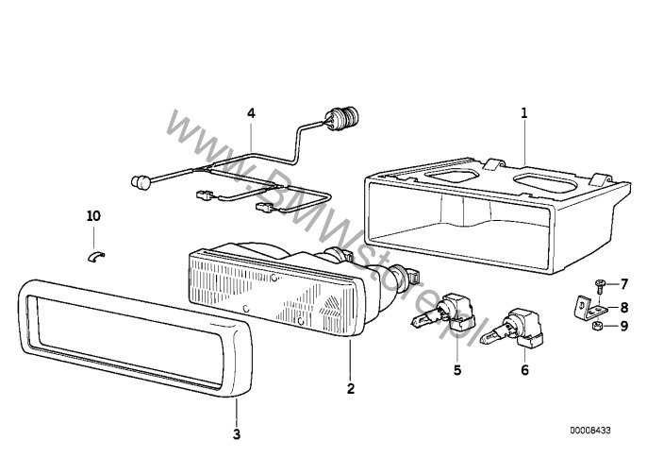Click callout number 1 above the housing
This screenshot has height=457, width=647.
pyautogui.click(x=524, y=112)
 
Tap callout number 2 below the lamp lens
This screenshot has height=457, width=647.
pyautogui.click(x=351, y=388)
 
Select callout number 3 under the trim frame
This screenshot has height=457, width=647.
pyautogui.click(x=237, y=434)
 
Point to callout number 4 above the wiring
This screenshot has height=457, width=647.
pyautogui.click(x=251, y=112)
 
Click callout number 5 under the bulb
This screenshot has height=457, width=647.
pyautogui.click(x=457, y=370)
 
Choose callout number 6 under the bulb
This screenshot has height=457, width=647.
pyautogui.click(x=524, y=370)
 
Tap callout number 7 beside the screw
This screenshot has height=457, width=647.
pyautogui.click(x=624, y=284)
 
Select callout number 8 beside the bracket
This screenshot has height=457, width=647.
pyautogui.click(x=624, y=308)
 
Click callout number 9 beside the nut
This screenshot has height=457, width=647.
pyautogui.click(x=624, y=326)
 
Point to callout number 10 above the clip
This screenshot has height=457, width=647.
pyautogui.click(x=93, y=215)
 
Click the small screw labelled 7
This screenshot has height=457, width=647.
pyautogui.click(x=600, y=285)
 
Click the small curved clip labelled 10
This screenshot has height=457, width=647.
pyautogui.click(x=96, y=255)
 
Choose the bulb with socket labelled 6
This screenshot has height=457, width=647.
pyautogui.click(x=512, y=330)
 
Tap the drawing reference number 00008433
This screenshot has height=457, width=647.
pyautogui.click(x=590, y=431)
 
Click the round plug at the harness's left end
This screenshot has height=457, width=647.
pyautogui.click(x=141, y=181)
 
